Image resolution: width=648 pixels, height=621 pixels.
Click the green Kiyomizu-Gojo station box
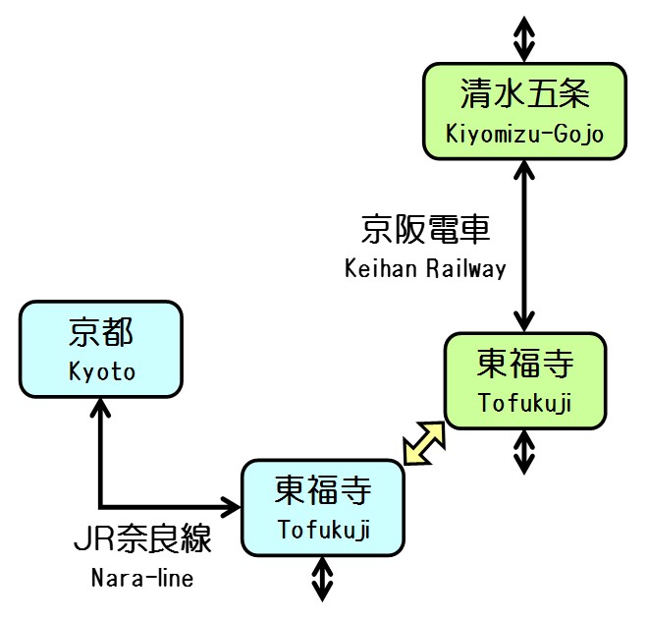[523, 110]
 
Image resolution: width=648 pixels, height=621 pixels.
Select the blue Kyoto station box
[100, 349]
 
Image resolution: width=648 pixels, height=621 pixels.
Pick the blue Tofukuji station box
[323, 506]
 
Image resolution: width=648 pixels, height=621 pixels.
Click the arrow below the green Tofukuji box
[524, 452]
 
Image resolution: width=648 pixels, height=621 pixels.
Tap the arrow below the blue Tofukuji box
[323, 579]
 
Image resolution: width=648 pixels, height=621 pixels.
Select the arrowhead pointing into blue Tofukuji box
[233, 507]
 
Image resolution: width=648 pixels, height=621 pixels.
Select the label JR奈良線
[142, 541]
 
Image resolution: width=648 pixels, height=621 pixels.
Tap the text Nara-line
[142, 579]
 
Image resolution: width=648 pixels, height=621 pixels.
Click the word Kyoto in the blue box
[101, 371]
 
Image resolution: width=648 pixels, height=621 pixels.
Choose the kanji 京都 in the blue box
[101, 333]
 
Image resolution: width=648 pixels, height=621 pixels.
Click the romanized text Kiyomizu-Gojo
[523, 133]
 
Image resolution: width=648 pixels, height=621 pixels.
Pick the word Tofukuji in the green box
[524, 403]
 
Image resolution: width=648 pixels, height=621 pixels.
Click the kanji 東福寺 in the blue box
[323, 489]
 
